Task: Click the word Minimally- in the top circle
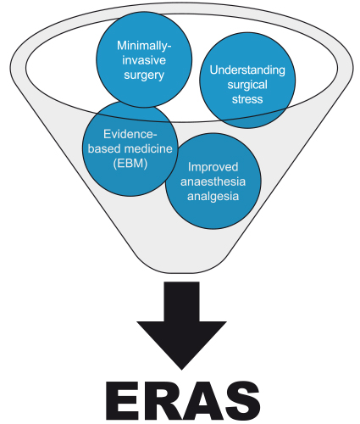click(144, 46)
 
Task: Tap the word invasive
click(144, 60)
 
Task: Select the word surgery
click(144, 75)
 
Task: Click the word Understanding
click(247, 70)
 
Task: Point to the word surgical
click(247, 85)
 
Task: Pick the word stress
click(247, 99)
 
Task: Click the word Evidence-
click(130, 134)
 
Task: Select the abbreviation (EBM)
click(130, 164)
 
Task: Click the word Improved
click(213, 167)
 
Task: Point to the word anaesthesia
click(213, 181)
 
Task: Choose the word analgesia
click(213, 197)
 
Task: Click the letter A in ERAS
click(199, 400)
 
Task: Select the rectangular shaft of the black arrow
click(181, 301)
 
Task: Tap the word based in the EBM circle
click(105, 148)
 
